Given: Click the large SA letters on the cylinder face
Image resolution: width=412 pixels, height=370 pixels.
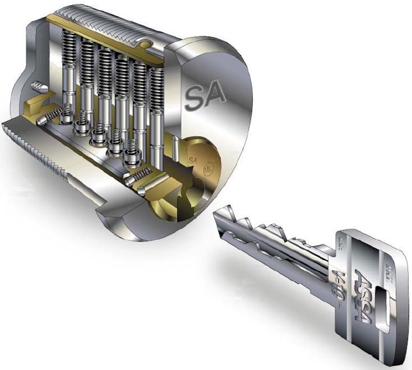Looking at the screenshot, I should pos(205,96).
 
